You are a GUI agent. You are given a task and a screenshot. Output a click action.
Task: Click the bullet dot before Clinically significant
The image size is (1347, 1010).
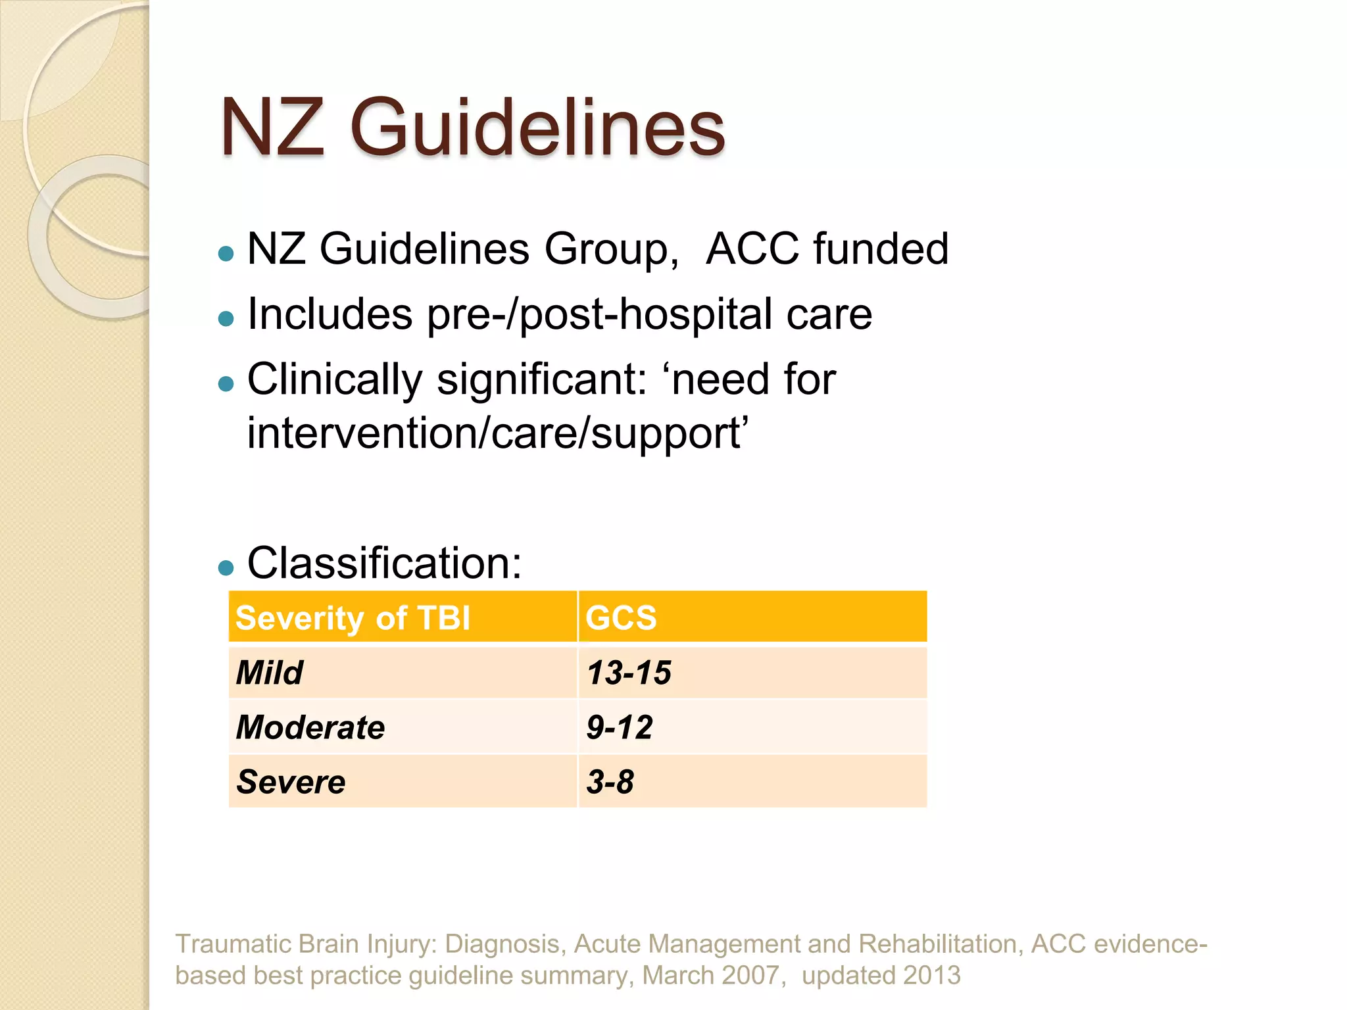226,384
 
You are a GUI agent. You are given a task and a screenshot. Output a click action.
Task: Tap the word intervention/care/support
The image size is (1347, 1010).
497,434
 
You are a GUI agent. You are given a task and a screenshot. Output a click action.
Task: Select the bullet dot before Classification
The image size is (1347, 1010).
226,567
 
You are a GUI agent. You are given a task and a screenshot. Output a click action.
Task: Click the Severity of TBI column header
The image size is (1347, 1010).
353,618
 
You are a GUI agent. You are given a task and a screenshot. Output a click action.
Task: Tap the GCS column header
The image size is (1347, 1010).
621,618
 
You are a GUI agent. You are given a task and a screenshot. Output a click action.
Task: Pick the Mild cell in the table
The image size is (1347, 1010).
270,673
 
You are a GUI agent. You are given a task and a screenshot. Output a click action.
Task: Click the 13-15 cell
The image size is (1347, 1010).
629,673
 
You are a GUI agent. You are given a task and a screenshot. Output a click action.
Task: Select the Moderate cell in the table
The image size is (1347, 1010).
310,727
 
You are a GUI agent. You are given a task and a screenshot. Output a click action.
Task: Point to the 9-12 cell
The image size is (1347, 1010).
620,727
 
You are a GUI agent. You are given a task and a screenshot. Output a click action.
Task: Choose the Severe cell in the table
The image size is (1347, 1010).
291,782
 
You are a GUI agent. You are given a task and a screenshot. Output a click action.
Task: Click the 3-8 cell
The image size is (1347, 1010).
610,782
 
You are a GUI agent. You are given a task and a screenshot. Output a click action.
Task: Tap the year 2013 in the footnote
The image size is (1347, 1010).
931,975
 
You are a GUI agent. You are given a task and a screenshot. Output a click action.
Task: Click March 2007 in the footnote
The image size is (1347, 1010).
710,975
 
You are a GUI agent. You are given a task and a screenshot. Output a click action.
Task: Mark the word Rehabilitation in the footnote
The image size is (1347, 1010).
941,944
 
